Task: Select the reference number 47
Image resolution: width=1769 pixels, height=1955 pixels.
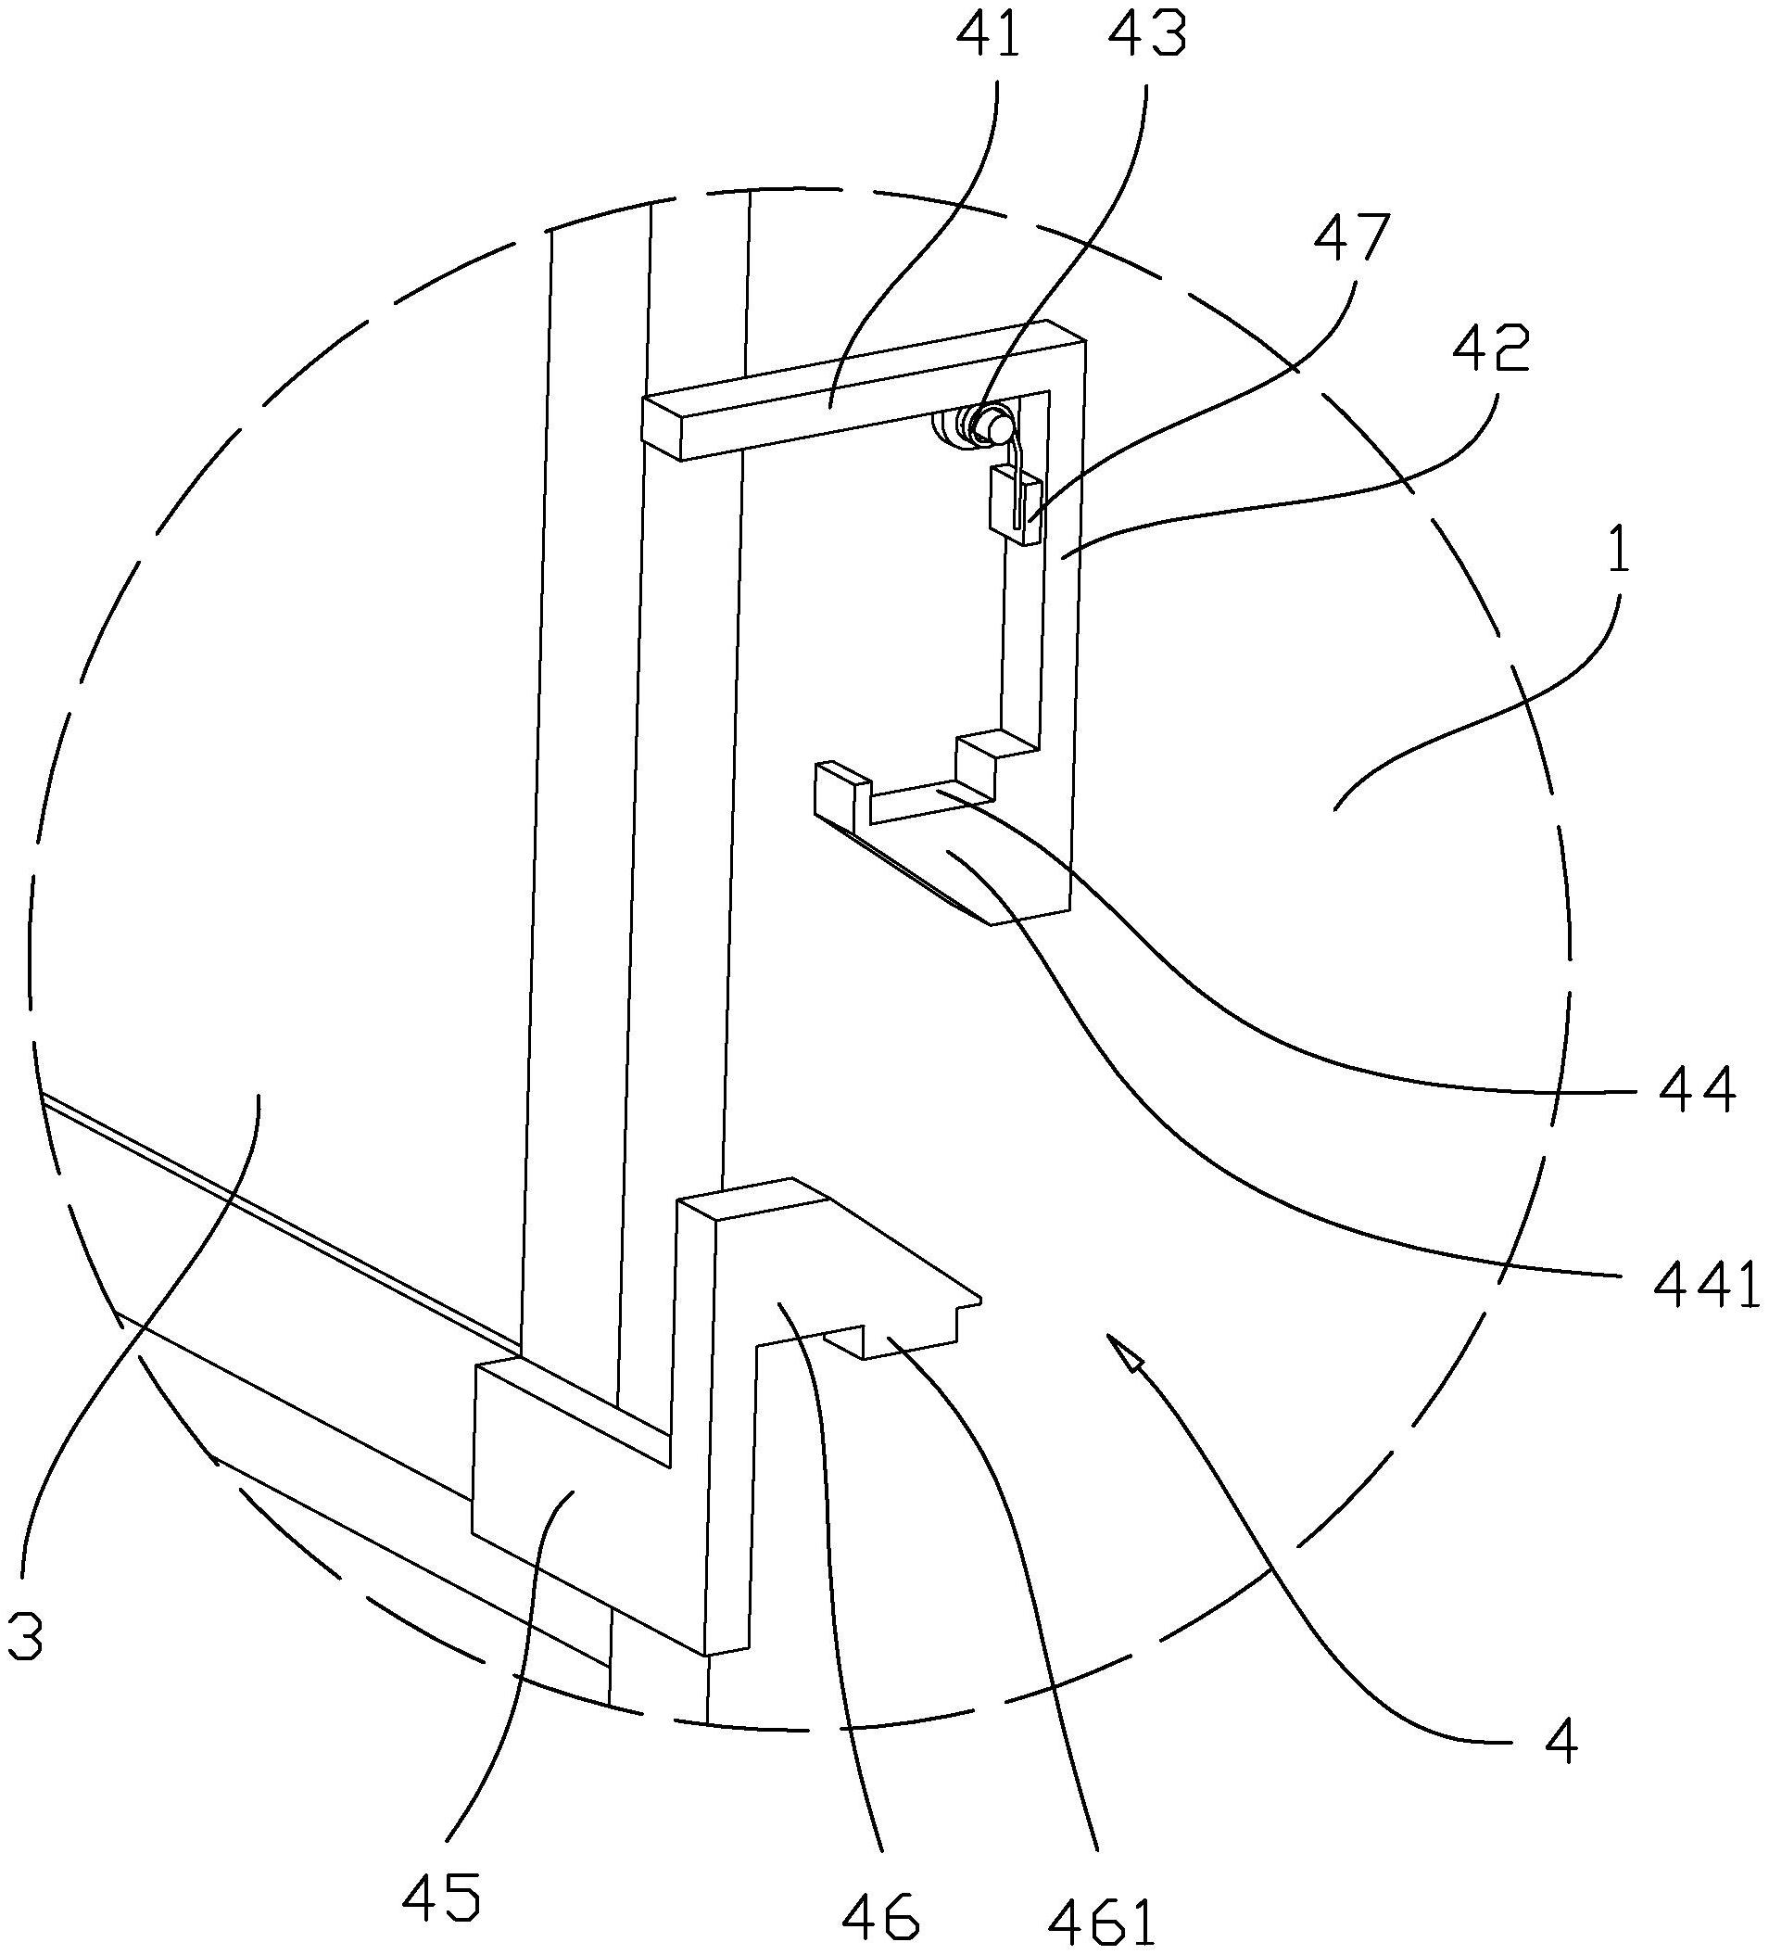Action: [x=1352, y=239]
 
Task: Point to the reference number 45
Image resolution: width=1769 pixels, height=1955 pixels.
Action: [x=441, y=1896]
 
